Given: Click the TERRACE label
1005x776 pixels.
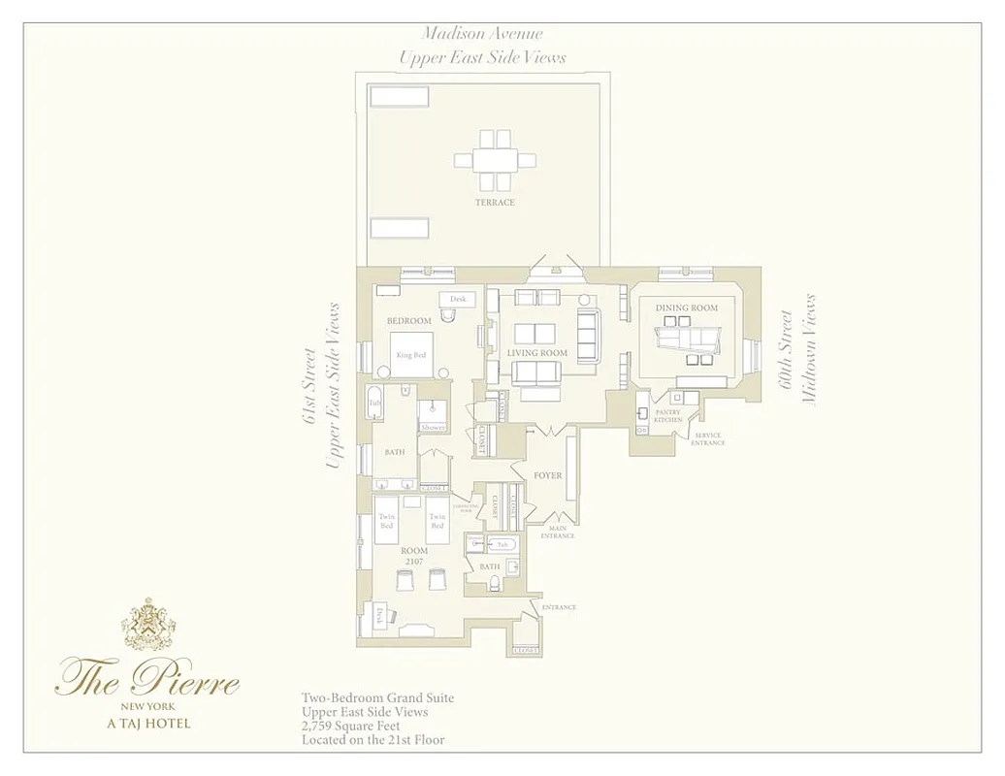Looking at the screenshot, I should [495, 203].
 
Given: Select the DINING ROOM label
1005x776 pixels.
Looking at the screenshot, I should [687, 307].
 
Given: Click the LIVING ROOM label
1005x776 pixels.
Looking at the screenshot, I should [536, 353].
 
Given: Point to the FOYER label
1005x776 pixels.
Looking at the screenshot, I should [548, 475].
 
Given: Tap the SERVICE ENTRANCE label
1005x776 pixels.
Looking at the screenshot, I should [708, 438].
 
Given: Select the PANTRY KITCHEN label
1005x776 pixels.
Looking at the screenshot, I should [668, 416].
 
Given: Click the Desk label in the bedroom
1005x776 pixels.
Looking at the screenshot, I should [458, 299].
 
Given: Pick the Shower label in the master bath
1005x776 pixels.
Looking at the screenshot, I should [433, 427].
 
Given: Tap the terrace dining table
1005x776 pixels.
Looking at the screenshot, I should [495, 160].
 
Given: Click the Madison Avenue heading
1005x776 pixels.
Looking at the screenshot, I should [482, 35].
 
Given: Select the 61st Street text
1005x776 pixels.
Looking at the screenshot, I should [309, 386].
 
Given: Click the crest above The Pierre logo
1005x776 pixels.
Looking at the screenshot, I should [148, 625].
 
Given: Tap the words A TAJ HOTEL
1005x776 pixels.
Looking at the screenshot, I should [148, 723].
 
